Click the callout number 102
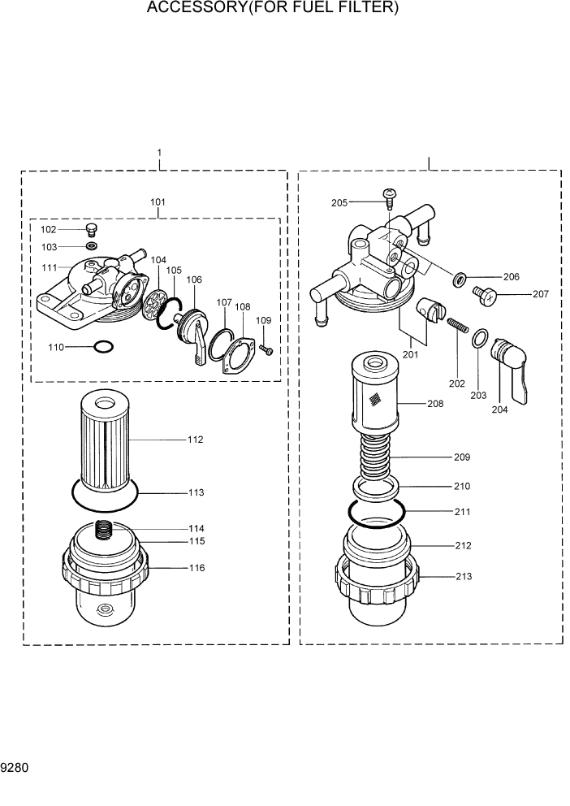point(72,230)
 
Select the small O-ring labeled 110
point(103,347)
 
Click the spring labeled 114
point(101,530)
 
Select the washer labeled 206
point(460,280)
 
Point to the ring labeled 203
point(479,337)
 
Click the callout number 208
point(435,403)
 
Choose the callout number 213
point(464,577)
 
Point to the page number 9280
point(15,767)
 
